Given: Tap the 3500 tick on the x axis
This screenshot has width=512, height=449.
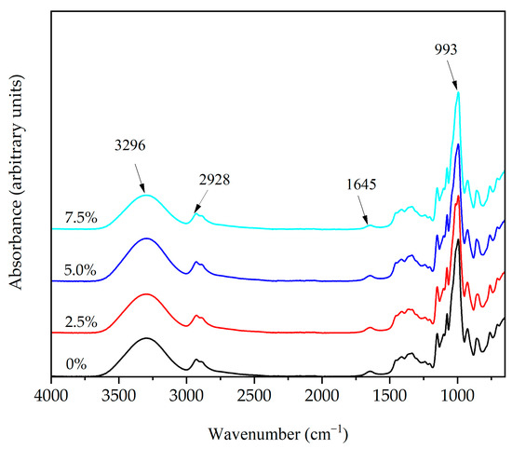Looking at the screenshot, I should click(x=119, y=394).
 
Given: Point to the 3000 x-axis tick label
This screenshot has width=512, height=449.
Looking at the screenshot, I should click(x=186, y=394).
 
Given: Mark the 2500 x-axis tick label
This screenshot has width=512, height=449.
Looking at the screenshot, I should click(x=254, y=394).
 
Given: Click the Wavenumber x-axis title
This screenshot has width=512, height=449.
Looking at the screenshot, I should click(x=278, y=433).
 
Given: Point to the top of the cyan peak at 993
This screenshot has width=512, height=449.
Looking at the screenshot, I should click(x=458, y=91).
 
